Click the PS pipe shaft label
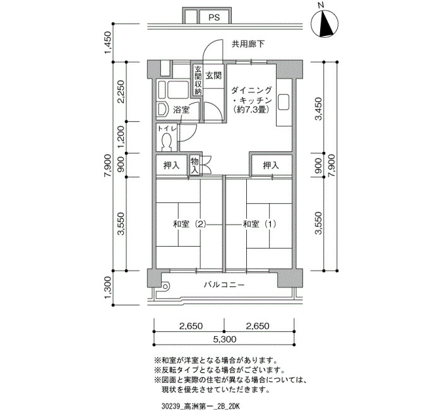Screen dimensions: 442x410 pyautogui.click(x=214, y=18)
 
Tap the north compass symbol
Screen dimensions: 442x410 pyautogui.click(x=325, y=23)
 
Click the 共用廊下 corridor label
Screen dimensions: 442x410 pyautogui.click(x=248, y=44)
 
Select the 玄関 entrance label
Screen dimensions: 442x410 pyautogui.click(x=213, y=76)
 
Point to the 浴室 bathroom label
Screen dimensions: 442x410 pyautogui.click(x=181, y=110)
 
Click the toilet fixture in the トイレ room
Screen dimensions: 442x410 pyautogui.click(x=167, y=141)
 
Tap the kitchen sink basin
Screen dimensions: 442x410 pyautogui.click(x=284, y=102)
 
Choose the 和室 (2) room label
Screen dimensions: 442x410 pyautogui.click(x=189, y=224)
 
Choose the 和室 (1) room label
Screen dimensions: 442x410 pyautogui.click(x=260, y=224)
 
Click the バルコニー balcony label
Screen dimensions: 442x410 pyautogui.click(x=224, y=284)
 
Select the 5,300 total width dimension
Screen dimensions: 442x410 pyautogui.click(x=224, y=339)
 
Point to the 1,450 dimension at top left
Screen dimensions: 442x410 pyautogui.click(x=108, y=42)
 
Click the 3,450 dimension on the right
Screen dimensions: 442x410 pyautogui.click(x=318, y=108)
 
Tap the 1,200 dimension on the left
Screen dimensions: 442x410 pyautogui.click(x=121, y=137)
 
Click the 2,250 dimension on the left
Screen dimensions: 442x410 pyautogui.click(x=121, y=92)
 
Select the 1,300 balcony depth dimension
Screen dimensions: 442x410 pyautogui.click(x=108, y=288)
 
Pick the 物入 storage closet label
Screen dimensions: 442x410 pyautogui.click(x=194, y=165)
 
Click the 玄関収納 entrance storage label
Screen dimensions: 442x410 pyautogui.click(x=198, y=80)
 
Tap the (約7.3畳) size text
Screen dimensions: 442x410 pyautogui.click(x=251, y=110)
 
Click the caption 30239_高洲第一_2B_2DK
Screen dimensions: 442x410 pyautogui.click(x=201, y=406)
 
